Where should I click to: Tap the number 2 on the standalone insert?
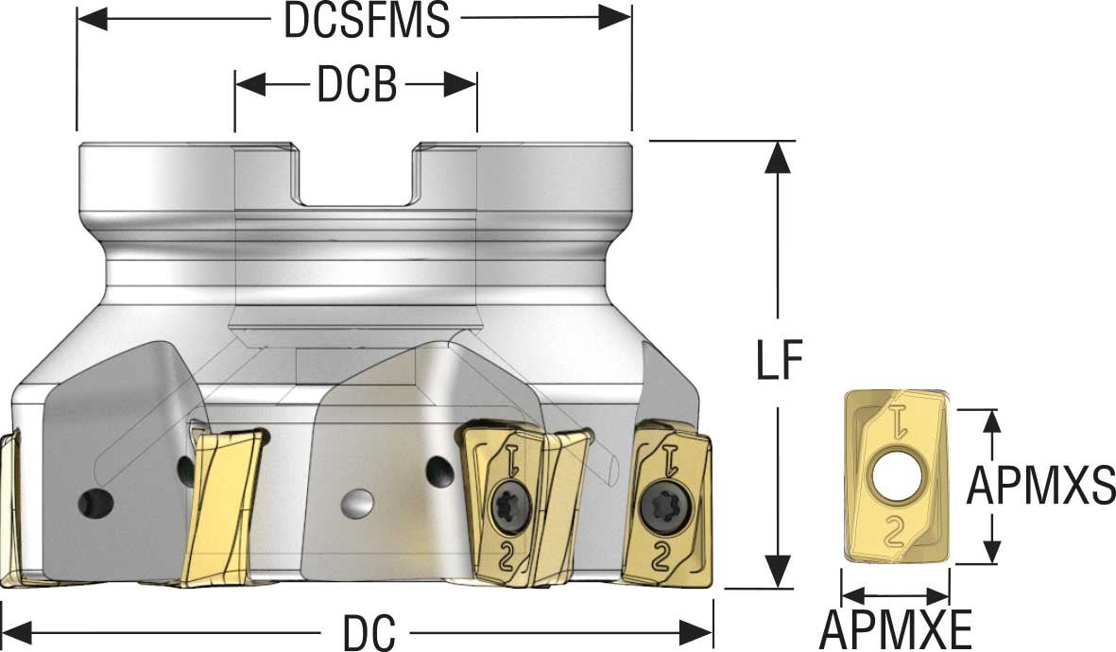(x=894, y=535)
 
